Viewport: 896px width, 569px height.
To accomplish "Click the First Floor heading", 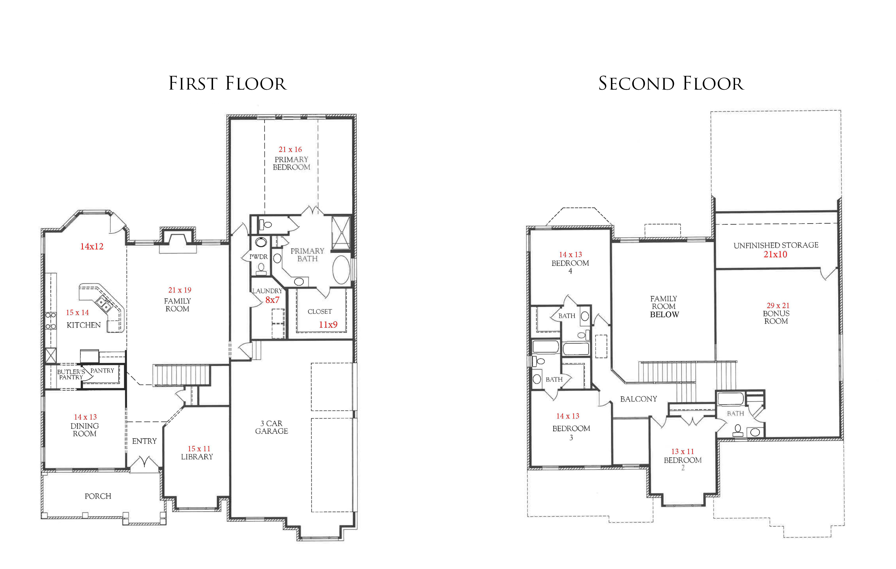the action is [228, 83].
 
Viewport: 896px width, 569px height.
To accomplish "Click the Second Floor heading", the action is [671, 83].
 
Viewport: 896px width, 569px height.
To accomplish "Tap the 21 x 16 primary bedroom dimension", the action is [290, 150].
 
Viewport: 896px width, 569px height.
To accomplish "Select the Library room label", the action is [197, 457].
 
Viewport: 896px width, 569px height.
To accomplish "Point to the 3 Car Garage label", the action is [271, 427].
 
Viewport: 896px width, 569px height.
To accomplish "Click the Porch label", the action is [98, 496].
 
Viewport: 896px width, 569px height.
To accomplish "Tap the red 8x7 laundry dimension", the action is [272, 300].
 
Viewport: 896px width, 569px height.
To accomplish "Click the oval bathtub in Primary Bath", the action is [341, 270].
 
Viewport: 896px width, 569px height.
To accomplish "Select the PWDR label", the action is [258, 257].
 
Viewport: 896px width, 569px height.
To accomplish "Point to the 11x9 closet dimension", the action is [328, 325].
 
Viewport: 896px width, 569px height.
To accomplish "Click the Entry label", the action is [144, 441].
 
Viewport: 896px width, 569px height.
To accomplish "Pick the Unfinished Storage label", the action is [776, 245].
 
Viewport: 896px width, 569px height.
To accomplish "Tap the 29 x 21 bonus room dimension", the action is [778, 306].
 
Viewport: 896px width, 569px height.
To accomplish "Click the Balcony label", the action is [638, 399].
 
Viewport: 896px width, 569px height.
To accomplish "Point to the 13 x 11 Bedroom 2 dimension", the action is [682, 451].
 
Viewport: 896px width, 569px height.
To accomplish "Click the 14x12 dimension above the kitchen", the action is [92, 246].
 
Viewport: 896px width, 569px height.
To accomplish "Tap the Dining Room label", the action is [85, 430].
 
